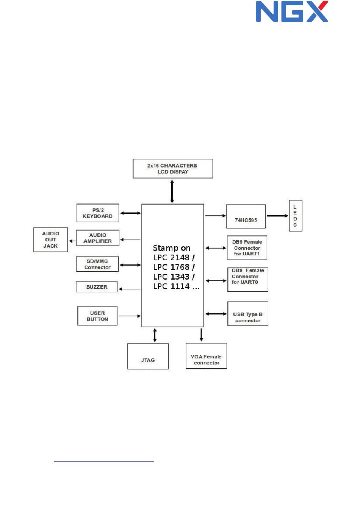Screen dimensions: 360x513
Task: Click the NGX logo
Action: point(292,11)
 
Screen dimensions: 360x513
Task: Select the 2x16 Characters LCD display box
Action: point(172,169)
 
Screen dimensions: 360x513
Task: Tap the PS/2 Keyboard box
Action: point(98,213)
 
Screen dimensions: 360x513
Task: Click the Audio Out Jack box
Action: point(51,239)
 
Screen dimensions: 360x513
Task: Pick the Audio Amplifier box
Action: point(98,238)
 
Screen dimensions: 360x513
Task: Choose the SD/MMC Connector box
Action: point(97,264)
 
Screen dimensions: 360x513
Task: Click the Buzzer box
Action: point(97,287)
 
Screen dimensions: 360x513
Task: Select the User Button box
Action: point(97,316)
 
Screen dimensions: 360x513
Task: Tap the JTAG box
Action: point(148,357)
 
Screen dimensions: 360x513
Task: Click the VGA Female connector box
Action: point(206,356)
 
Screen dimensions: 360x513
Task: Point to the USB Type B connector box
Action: point(248,314)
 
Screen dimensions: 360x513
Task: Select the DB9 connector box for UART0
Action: point(247,280)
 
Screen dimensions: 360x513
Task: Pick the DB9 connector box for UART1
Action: point(247,248)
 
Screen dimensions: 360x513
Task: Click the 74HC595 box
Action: point(246,216)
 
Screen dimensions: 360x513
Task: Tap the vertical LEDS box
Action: point(295,216)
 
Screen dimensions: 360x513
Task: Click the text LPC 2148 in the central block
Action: point(171,258)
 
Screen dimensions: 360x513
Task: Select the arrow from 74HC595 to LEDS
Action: point(277,216)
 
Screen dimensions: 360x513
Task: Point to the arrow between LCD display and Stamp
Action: point(172,191)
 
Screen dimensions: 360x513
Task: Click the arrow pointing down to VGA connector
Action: point(201,335)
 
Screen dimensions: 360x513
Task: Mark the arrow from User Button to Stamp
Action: point(130,316)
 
